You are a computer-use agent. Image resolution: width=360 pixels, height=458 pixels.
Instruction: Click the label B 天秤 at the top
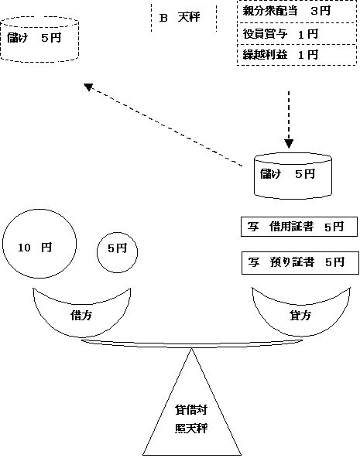point(178,17)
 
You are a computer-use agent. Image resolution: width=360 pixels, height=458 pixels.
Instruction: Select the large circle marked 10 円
point(39,247)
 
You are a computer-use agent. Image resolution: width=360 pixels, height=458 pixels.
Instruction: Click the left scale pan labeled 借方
point(82,313)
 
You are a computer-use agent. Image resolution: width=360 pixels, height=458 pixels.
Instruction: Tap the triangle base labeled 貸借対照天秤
point(190,418)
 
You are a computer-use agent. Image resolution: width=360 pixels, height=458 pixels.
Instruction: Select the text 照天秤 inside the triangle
point(190,428)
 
